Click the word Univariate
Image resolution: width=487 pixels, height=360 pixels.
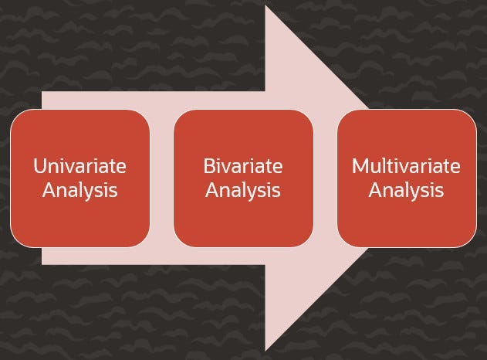tap(79, 166)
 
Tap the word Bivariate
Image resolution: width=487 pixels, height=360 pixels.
tap(243, 166)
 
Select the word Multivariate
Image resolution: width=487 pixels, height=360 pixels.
tap(406, 166)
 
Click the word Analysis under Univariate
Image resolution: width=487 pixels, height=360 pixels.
tap(79, 190)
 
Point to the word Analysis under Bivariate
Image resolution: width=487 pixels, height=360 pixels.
tap(243, 190)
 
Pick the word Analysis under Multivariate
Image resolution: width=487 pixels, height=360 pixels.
tap(406, 190)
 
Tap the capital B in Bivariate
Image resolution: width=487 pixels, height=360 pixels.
tap(208, 166)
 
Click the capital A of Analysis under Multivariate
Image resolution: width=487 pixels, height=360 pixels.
tap(375, 190)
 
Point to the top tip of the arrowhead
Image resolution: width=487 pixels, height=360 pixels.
tap(267, 8)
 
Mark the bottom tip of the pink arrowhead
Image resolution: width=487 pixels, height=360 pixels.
tap(267, 349)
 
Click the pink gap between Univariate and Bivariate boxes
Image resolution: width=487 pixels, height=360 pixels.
tap(161, 178)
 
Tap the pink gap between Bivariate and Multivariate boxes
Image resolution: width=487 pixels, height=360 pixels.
tap(325, 178)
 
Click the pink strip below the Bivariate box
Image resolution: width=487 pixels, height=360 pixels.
tap(243, 256)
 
